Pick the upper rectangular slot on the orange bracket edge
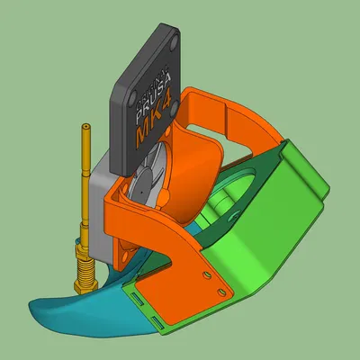[x=138, y=296]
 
